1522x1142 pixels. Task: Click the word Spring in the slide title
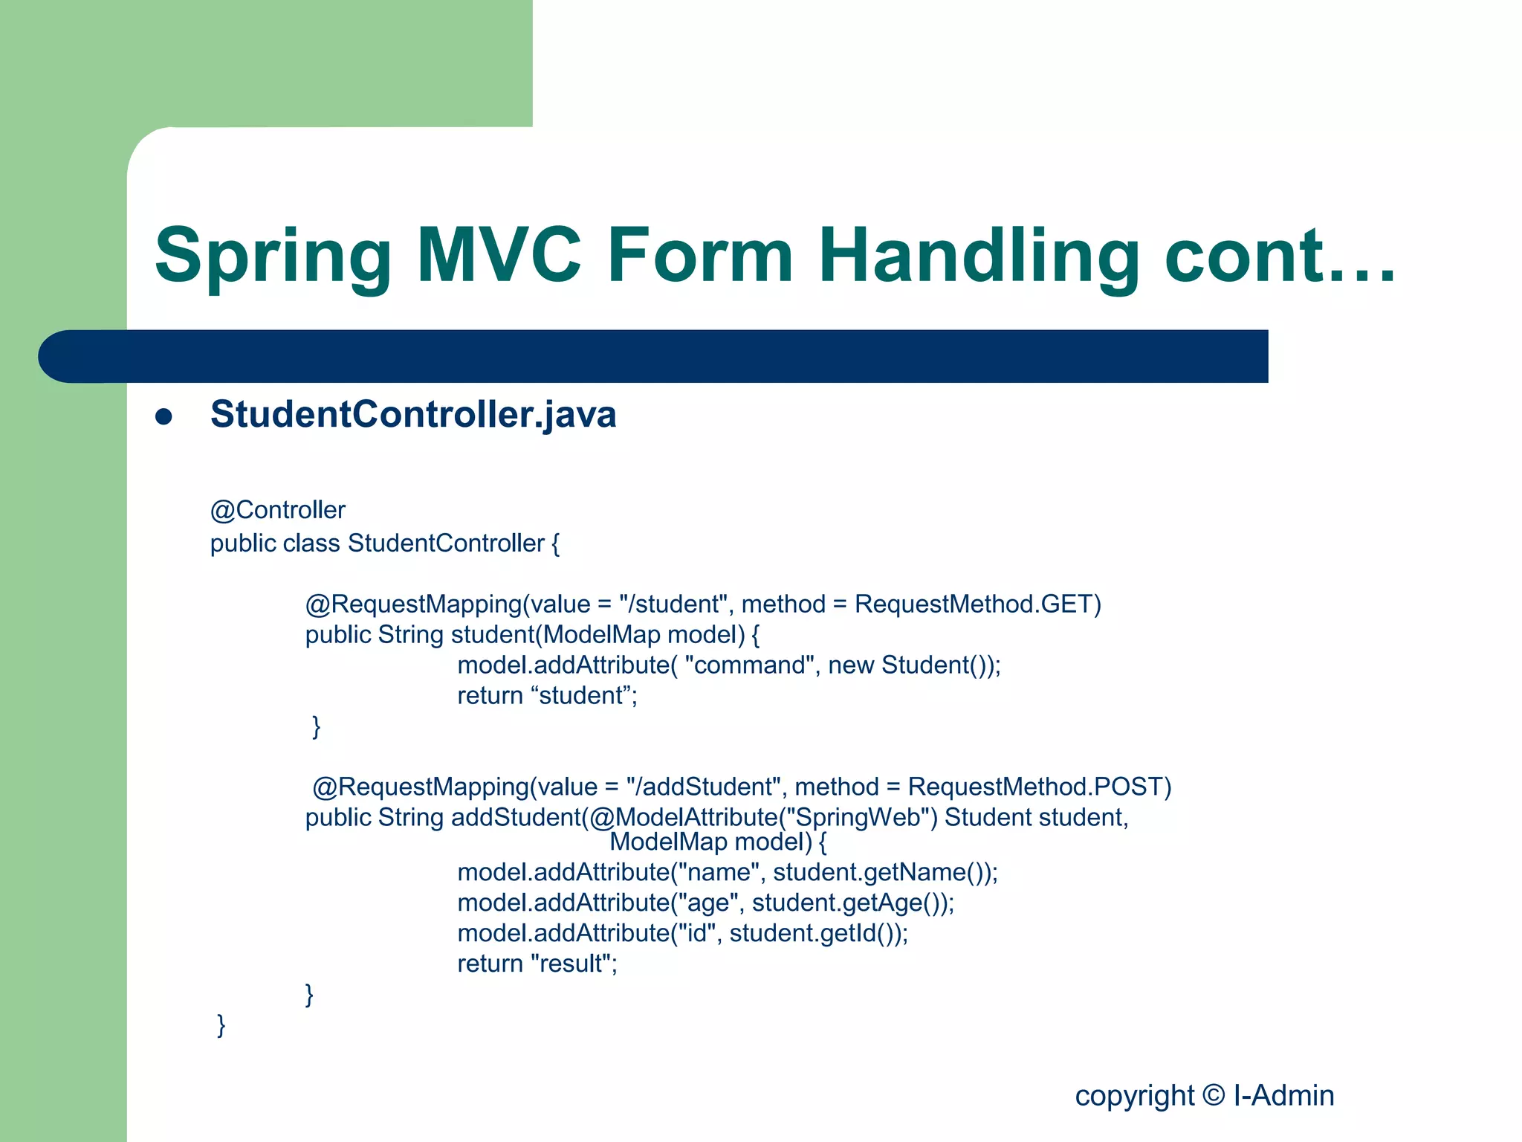[x=273, y=257]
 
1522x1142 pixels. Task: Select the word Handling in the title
[x=979, y=257]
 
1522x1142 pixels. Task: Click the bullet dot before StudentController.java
[x=163, y=416]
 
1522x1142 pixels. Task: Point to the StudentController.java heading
[x=413, y=415]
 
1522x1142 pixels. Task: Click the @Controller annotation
[x=277, y=510]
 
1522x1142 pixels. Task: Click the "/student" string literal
[x=673, y=604]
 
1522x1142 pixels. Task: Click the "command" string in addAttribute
[x=749, y=665]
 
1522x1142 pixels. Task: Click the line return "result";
[x=537, y=964]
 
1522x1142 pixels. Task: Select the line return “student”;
[x=547, y=696]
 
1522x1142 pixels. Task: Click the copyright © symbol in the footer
[x=1213, y=1095]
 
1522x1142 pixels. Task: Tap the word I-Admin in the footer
[x=1283, y=1095]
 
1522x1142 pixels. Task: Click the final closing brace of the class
[x=221, y=1025]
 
